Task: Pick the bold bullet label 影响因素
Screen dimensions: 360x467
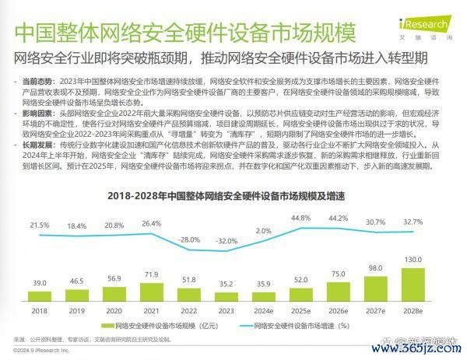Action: pyautogui.click(x=37, y=113)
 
